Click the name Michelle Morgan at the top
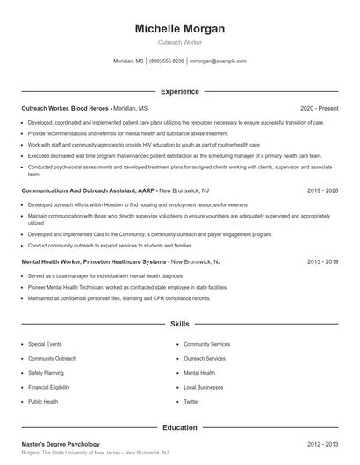click(179, 29)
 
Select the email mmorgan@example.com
click(218, 61)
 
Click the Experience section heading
click(179, 91)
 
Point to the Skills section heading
click(179, 324)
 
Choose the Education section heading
click(179, 427)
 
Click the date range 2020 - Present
click(319, 108)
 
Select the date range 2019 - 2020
click(322, 189)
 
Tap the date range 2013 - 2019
click(322, 261)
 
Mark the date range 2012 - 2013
click(322, 444)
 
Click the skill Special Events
click(44, 344)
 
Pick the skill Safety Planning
click(46, 373)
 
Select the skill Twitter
click(191, 401)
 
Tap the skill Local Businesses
click(203, 387)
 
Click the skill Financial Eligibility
click(49, 387)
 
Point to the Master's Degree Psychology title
click(61, 444)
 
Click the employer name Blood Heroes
click(90, 108)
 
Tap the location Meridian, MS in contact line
click(128, 61)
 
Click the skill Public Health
click(43, 401)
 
